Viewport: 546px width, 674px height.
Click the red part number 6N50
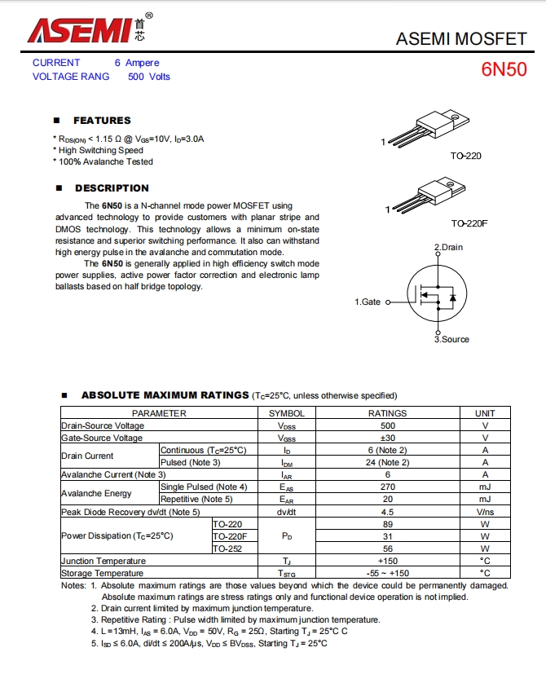[x=504, y=69]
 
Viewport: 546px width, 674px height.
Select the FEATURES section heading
[x=102, y=121]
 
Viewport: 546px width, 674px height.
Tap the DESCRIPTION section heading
[x=112, y=188]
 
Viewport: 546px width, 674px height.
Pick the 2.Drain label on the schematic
[x=448, y=247]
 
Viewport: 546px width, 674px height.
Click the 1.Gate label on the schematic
[x=368, y=302]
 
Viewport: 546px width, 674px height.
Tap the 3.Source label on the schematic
[x=451, y=339]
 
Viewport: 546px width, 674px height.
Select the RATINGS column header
[x=387, y=413]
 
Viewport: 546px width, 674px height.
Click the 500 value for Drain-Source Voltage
[x=387, y=425]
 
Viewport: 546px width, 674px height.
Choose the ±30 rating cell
[x=387, y=438]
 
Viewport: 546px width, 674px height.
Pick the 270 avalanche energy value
[x=387, y=487]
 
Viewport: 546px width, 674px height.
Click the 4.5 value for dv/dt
[x=387, y=512]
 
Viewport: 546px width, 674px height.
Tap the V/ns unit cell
[x=485, y=512]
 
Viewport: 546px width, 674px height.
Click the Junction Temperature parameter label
[x=103, y=561]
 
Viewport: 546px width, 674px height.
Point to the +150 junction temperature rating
[x=387, y=561]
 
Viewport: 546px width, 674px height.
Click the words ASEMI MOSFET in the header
[x=461, y=38]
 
